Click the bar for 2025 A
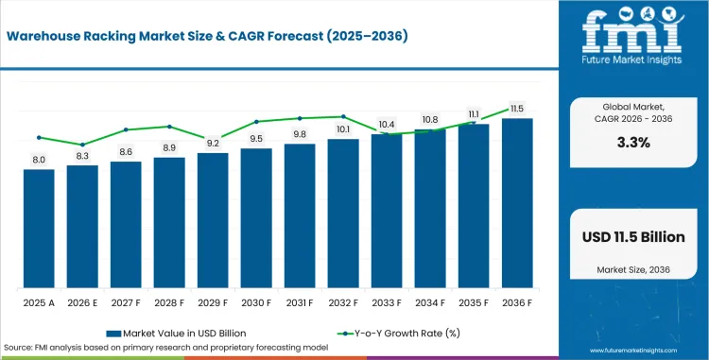click(x=39, y=229)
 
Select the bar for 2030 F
click(x=256, y=218)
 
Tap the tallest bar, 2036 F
click(x=517, y=203)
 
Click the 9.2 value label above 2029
click(x=213, y=144)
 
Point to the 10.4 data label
click(x=387, y=125)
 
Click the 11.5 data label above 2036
click(x=517, y=109)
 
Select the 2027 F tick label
click(x=126, y=302)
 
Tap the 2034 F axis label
click(x=430, y=302)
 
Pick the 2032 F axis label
click(x=343, y=302)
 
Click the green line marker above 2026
click(x=82, y=145)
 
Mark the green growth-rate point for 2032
click(x=343, y=116)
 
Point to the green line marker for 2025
click(x=39, y=137)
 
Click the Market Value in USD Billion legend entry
click(x=177, y=334)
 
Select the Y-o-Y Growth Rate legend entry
click(x=399, y=334)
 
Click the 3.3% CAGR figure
click(x=633, y=143)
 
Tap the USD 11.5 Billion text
click(x=633, y=236)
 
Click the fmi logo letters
click(x=632, y=31)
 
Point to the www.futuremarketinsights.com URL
click(x=634, y=351)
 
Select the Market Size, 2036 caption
click(x=633, y=269)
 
